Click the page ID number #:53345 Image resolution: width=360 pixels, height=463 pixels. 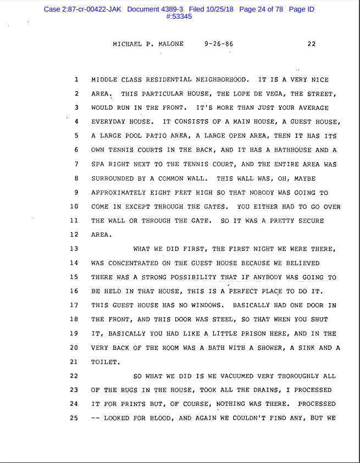[179, 16]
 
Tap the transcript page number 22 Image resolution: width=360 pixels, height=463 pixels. [312, 44]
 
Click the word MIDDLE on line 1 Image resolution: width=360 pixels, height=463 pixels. [104, 80]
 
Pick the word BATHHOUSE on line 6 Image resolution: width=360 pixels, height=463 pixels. [295, 150]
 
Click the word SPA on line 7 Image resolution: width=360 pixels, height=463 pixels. [97, 164]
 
